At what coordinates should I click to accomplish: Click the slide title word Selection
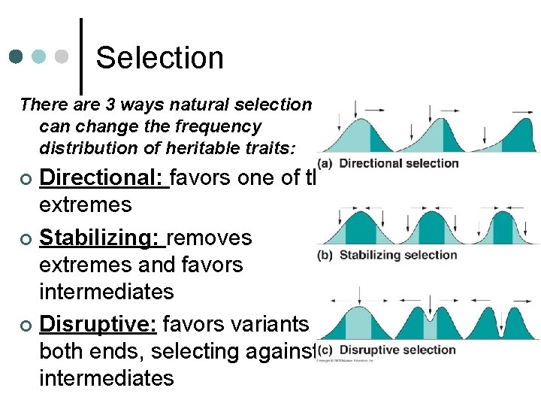pos(160,58)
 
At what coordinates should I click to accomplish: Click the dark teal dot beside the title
pos(17,57)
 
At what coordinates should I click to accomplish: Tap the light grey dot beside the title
pos(64,57)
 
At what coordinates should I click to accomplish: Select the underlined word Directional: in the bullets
pos(104,177)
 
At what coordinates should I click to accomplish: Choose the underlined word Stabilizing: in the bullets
pos(102,238)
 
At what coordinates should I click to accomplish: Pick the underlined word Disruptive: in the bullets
pos(98,324)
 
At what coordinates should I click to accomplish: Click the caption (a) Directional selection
pos(388,163)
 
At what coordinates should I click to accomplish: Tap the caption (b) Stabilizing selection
pos(387,255)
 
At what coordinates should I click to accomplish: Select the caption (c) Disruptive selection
pos(386,350)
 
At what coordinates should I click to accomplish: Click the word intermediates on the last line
pos(106,377)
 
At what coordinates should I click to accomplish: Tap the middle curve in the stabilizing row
pos(425,229)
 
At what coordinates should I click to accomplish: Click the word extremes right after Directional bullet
pos(85,204)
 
